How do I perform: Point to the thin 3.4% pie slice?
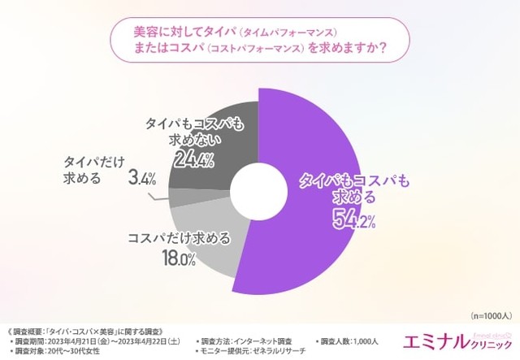pyautogui.click(x=180, y=196)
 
